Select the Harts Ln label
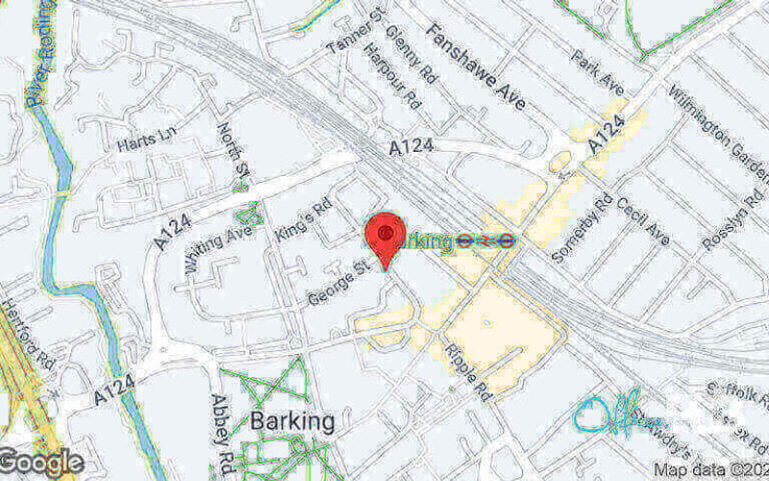pos(142,143)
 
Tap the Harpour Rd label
pos(392,75)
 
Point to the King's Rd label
pos(302,221)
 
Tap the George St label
pos(339,286)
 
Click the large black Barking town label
pos(292,421)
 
